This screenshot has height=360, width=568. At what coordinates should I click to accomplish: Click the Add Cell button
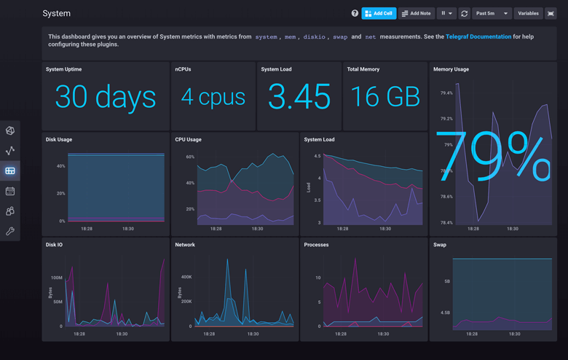(x=379, y=13)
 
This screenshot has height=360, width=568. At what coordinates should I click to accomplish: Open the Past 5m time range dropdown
(x=491, y=13)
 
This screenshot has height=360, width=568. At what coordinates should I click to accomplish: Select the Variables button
(x=528, y=13)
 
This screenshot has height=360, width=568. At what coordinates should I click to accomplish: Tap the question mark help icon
(x=355, y=13)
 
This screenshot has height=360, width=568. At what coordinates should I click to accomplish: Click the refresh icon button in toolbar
(x=464, y=13)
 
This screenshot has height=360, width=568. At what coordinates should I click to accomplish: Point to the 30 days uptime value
(x=106, y=98)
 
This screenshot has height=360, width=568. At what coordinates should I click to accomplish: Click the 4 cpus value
(x=213, y=97)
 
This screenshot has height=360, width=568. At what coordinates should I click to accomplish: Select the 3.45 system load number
(x=299, y=98)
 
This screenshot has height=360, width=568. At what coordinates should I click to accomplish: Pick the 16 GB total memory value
(x=384, y=97)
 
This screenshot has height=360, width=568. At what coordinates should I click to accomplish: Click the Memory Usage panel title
(x=451, y=69)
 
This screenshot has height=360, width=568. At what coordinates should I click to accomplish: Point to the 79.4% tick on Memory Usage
(x=446, y=93)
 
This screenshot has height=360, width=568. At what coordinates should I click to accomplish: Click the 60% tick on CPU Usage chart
(x=190, y=157)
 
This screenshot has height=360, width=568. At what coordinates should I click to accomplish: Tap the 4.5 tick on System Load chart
(x=317, y=156)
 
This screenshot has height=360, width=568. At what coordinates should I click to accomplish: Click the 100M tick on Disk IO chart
(x=56, y=278)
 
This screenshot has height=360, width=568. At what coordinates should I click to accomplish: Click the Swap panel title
(x=441, y=245)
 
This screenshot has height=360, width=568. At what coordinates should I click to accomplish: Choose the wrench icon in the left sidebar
(x=10, y=231)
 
